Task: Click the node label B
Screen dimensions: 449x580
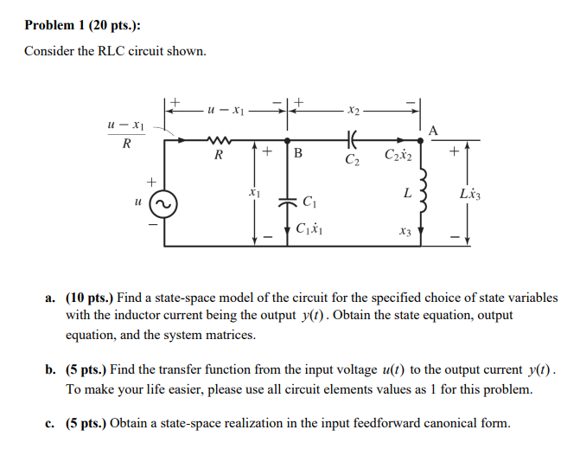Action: point(298,156)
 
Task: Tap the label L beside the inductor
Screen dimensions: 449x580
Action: point(405,194)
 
